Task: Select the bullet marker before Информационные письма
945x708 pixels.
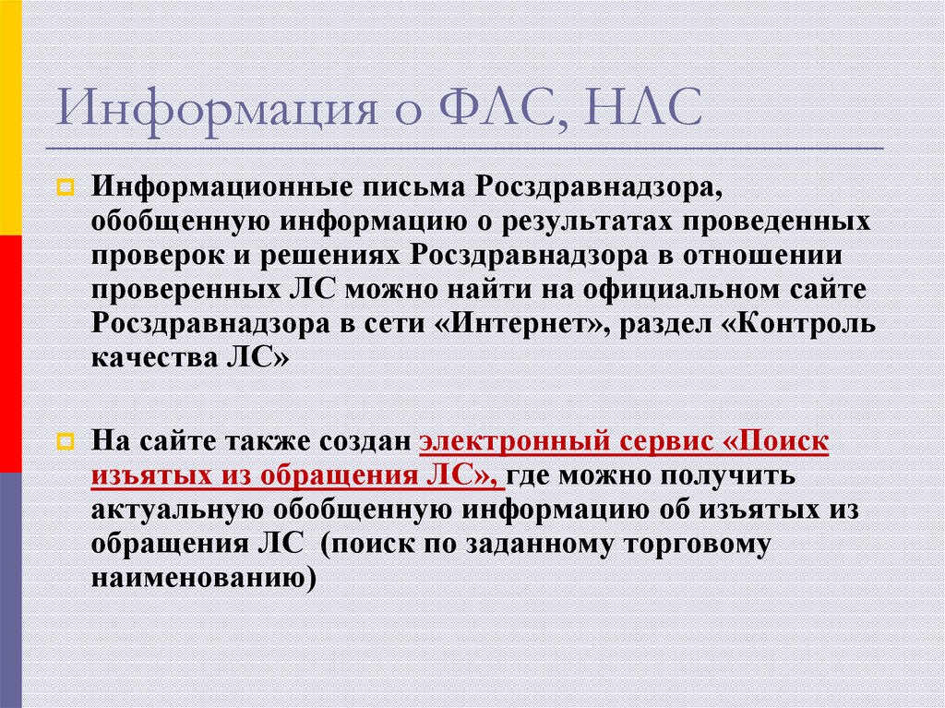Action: coord(65,190)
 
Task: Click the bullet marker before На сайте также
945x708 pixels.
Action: coord(65,442)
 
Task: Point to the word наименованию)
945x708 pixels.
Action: coord(203,576)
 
